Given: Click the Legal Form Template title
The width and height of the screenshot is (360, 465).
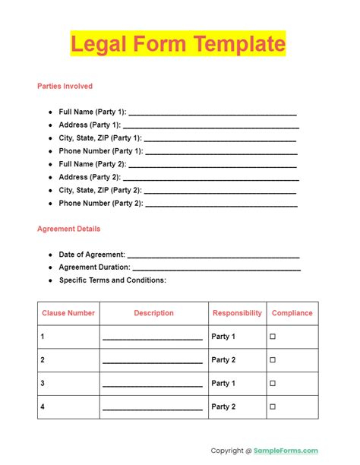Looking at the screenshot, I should pos(178,43).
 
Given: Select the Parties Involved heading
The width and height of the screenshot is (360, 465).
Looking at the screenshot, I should pos(65,86).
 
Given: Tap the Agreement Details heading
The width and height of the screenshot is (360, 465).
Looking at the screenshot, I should pos(68,229).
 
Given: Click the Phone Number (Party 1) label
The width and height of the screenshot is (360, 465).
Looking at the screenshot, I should pos(100,151).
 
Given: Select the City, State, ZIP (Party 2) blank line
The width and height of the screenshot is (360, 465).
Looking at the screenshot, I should pos(220,191).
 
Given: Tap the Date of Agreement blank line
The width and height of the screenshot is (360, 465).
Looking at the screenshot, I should pos(213,255).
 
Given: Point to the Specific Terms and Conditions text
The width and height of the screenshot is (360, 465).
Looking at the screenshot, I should pos(112,280).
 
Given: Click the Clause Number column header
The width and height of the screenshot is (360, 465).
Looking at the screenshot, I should pos(68,313).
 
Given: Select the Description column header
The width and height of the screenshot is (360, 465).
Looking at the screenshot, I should pos(153,313).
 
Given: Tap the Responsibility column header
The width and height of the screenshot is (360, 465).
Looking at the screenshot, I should pos(237,313).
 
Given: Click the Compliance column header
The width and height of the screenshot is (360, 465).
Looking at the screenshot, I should pos(292,313).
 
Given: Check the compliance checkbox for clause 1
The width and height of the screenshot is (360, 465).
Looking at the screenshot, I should pos(273,337).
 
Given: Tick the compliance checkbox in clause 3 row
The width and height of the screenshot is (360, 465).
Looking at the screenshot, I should pos(273,384).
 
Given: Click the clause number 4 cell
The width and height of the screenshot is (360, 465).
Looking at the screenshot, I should pos(43,407).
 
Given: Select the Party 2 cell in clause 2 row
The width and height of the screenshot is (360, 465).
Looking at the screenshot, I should pos(224,360).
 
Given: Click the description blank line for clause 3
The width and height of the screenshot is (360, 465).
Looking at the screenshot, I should pos(153,385).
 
